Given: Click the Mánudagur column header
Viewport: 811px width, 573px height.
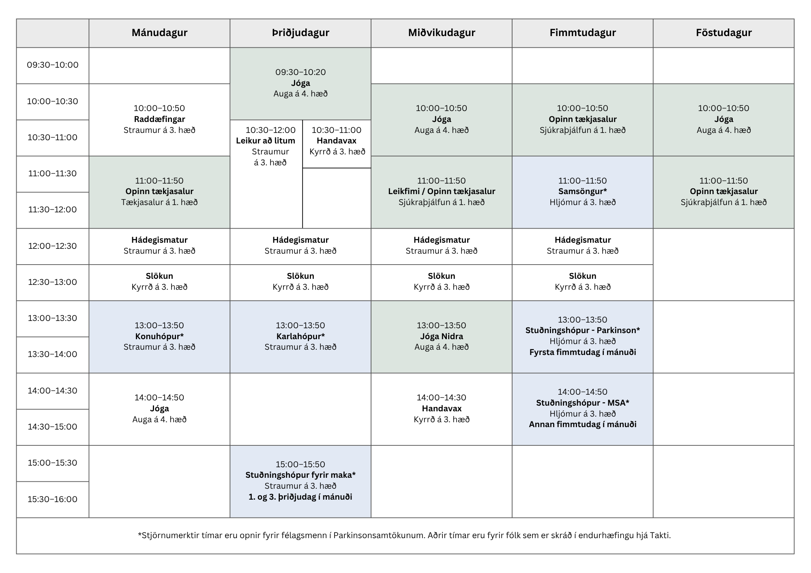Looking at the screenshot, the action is [159, 33].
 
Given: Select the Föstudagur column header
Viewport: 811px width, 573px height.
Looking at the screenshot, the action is [724, 33].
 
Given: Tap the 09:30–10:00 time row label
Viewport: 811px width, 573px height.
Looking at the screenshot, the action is [53, 65].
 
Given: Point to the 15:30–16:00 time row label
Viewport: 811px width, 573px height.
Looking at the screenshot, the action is [53, 499].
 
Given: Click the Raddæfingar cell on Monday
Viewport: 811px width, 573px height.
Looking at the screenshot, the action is [159, 120].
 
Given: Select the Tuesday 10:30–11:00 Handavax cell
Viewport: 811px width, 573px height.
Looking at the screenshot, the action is [337, 144].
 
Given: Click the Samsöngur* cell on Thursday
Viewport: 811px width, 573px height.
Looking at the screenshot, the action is [583, 192].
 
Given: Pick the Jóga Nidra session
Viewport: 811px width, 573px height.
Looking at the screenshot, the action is [442, 337].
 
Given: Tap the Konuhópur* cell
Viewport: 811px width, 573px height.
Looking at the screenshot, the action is [159, 337].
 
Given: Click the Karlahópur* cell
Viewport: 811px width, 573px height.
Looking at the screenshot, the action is [300, 337].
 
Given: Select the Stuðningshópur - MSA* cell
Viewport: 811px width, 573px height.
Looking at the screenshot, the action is [583, 409].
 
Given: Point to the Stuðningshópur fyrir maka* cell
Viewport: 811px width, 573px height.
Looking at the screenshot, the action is [300, 481].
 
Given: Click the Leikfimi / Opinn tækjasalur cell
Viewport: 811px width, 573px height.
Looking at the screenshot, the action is [442, 192].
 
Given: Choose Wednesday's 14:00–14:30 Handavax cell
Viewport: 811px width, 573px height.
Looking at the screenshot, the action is [442, 409].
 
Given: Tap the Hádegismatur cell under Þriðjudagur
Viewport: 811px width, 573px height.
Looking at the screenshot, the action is [300, 246].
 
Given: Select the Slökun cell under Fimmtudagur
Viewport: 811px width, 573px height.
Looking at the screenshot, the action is [583, 282].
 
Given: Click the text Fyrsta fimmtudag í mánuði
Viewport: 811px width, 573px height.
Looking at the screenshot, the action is [583, 353].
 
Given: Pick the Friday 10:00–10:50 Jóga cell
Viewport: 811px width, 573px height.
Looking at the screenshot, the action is [724, 120].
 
